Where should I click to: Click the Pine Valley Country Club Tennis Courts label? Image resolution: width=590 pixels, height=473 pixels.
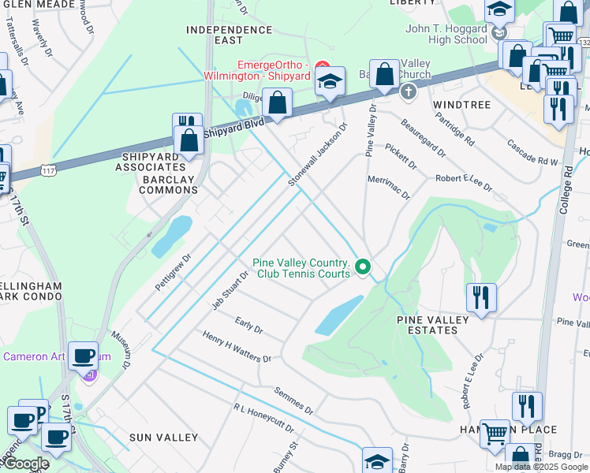click(x=301, y=268)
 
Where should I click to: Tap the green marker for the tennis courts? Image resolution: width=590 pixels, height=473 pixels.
click(x=363, y=268)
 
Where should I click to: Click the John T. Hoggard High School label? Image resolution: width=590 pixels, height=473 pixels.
click(x=446, y=34)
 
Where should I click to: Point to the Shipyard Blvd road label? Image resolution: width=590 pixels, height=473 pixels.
click(x=234, y=128)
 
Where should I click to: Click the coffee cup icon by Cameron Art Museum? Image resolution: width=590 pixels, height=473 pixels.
click(x=84, y=356)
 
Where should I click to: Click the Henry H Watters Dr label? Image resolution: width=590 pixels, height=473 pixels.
click(x=237, y=347)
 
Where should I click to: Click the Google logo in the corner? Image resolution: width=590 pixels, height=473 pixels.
click(x=25, y=464)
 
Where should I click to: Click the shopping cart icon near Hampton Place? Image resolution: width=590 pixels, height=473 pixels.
click(x=495, y=433)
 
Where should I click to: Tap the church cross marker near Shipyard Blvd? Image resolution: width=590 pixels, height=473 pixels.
click(x=409, y=92)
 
